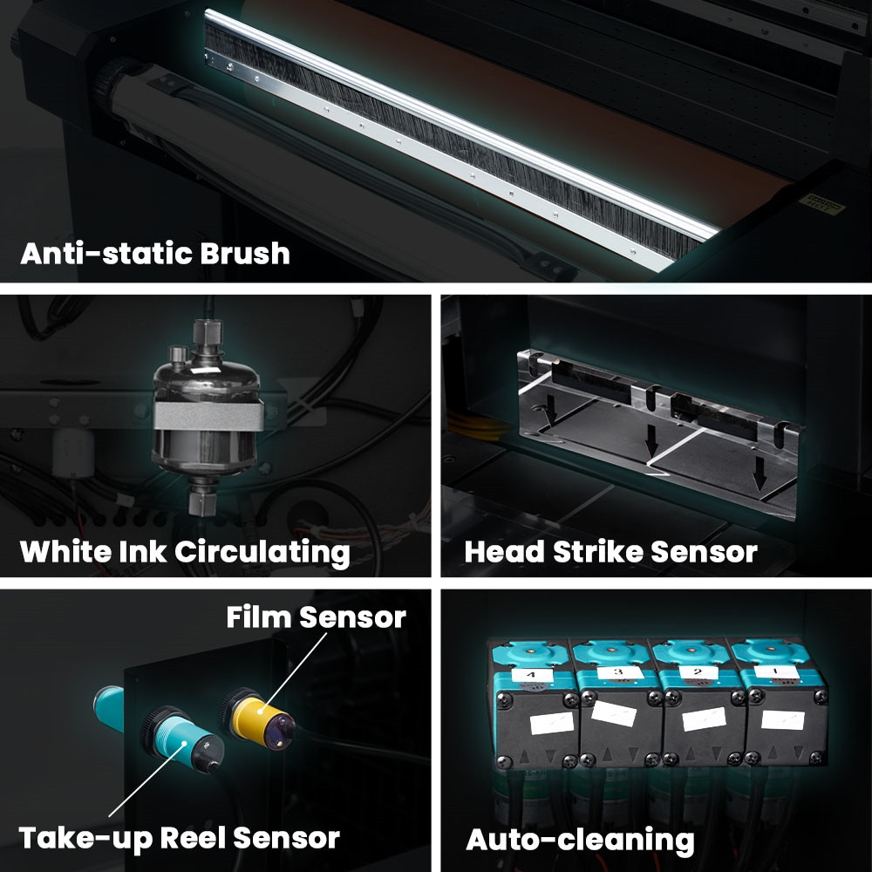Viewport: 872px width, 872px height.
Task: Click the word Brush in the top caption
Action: [x=245, y=254]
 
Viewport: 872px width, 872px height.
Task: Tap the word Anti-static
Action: [x=107, y=254]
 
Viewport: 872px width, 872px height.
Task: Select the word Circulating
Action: [x=262, y=553]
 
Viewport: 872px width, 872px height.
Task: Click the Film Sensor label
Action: [x=316, y=617]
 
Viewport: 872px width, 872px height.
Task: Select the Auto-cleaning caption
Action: [x=580, y=840]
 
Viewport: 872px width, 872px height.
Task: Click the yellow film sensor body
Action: [x=253, y=718]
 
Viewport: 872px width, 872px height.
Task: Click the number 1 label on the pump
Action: [x=776, y=671]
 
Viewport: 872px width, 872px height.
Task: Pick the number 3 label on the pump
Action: [x=618, y=672]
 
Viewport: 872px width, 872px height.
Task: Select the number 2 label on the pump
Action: [x=698, y=671]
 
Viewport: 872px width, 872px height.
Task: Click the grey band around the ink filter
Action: [x=208, y=415]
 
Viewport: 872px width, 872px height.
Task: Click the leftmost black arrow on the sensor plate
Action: [x=551, y=408]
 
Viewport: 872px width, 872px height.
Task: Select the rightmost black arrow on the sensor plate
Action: [x=760, y=473]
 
